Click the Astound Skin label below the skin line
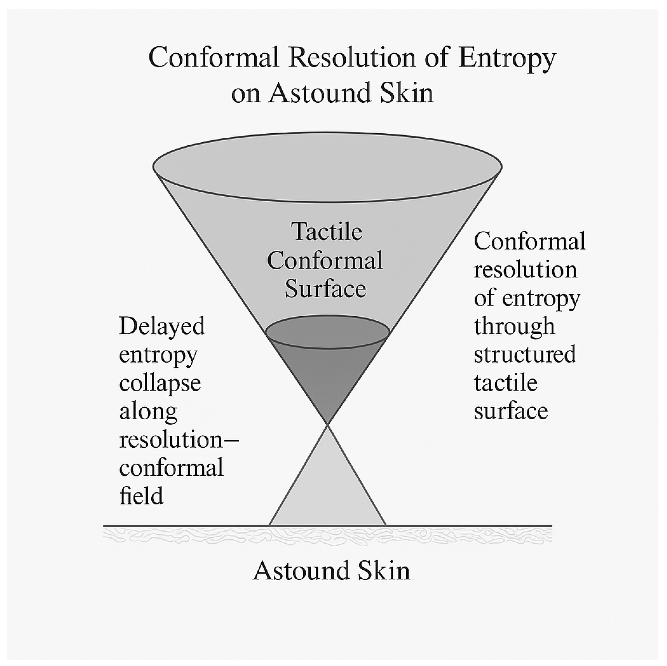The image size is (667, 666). point(331,570)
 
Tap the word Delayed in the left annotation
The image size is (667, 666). point(162,326)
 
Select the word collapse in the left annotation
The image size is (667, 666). point(160,383)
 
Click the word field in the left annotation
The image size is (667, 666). point(141,496)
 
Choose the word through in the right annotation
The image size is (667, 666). point(514,326)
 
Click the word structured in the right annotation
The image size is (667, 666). point(525,354)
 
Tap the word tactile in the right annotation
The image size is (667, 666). point(505,382)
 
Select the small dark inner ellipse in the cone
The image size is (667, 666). point(327,332)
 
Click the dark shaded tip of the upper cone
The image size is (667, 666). point(327,380)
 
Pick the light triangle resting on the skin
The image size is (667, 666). point(327,497)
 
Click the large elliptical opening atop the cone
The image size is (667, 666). point(327,167)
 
